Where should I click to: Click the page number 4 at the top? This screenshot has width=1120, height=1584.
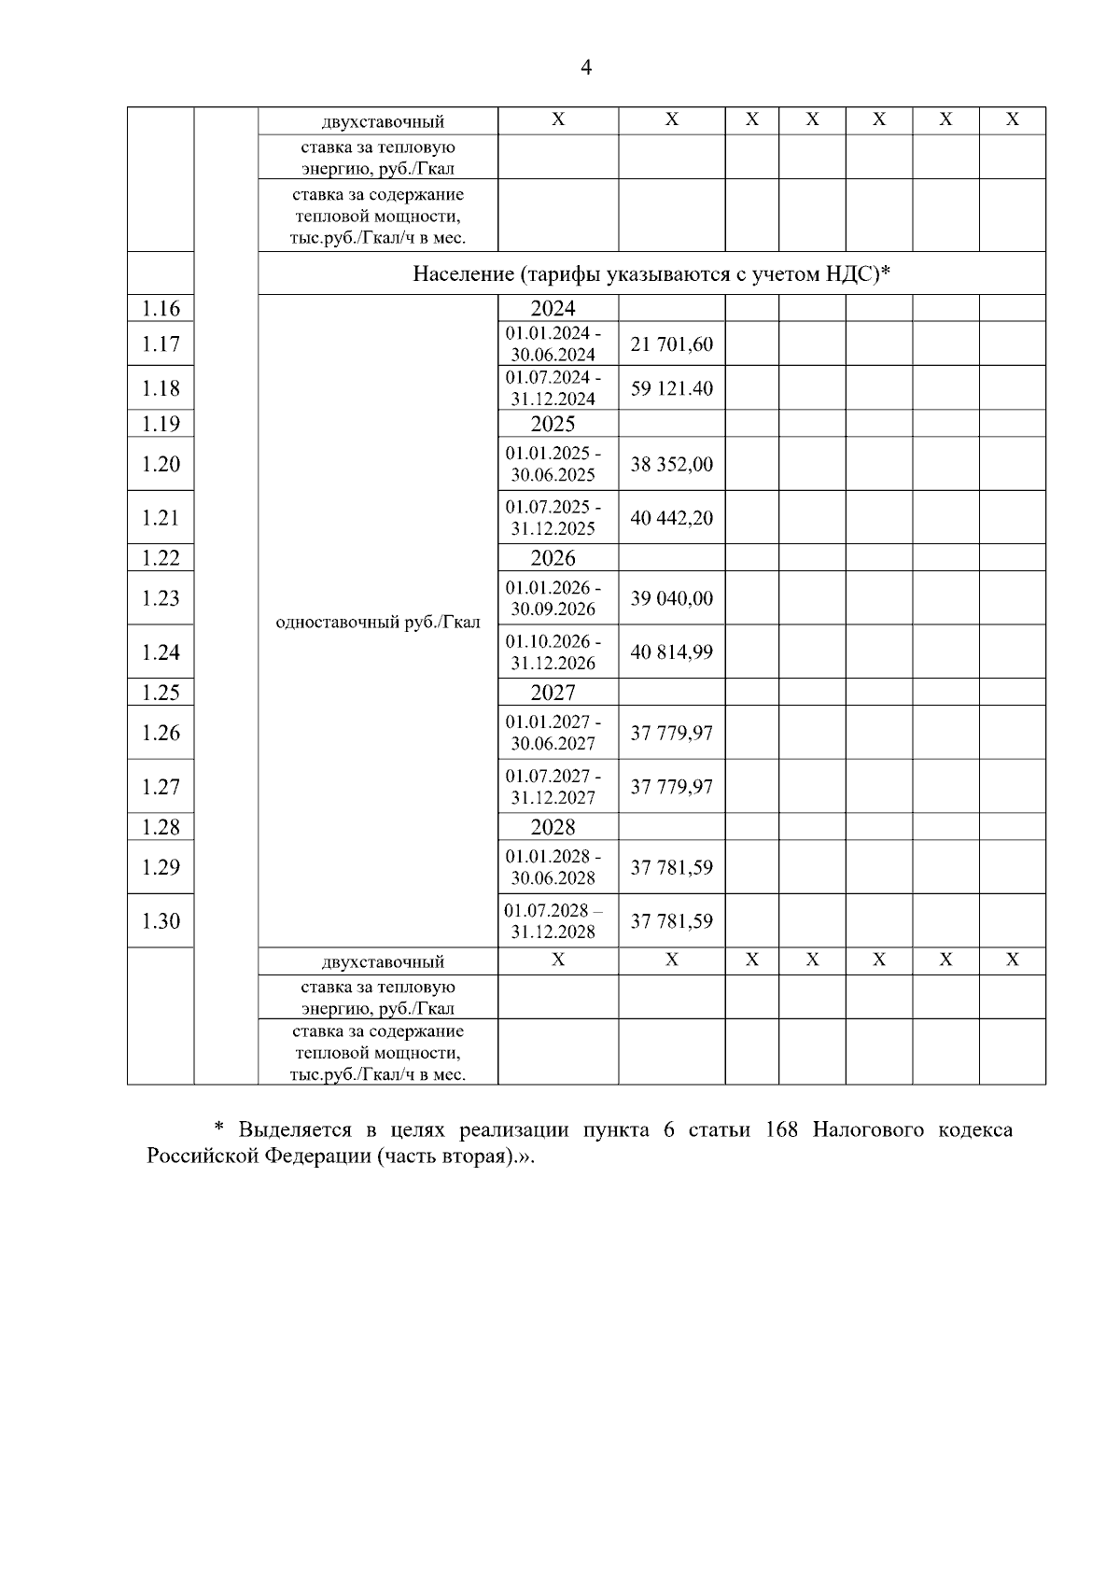click(x=586, y=67)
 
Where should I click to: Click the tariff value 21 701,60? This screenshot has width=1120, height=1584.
click(x=671, y=344)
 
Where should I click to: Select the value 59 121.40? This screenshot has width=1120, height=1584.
click(x=671, y=388)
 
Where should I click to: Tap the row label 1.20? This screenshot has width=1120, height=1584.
click(x=161, y=464)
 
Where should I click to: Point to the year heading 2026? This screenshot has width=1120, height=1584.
click(x=553, y=558)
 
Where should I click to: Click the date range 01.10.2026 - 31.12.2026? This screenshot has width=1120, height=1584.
click(x=553, y=652)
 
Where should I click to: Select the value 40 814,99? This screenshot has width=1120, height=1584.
click(x=671, y=652)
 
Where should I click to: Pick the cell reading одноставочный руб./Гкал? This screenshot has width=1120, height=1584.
click(x=378, y=622)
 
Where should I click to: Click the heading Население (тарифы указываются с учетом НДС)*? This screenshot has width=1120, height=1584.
click(x=651, y=273)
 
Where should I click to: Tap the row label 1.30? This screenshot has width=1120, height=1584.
click(x=161, y=921)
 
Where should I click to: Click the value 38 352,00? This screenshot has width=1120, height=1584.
click(x=671, y=464)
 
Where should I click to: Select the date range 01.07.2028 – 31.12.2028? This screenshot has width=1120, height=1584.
click(x=553, y=921)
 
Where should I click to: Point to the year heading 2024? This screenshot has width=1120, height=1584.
click(x=553, y=309)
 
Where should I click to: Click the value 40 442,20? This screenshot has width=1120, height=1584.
click(x=671, y=518)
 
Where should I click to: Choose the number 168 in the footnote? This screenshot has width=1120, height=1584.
click(x=780, y=1129)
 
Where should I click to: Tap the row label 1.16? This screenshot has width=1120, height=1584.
click(x=161, y=309)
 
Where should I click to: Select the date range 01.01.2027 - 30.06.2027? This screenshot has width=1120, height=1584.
click(x=553, y=733)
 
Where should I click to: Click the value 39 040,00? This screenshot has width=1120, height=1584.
click(x=671, y=598)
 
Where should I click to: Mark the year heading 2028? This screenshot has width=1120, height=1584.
click(x=553, y=827)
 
